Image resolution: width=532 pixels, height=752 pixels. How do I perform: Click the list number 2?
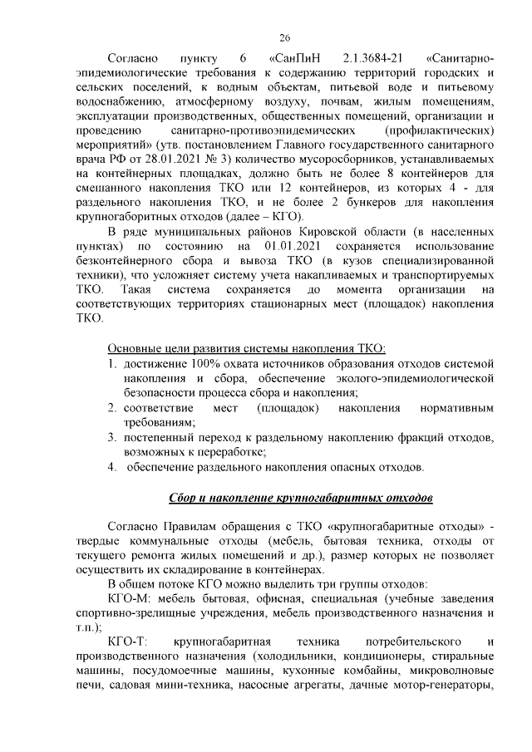click(112, 409)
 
